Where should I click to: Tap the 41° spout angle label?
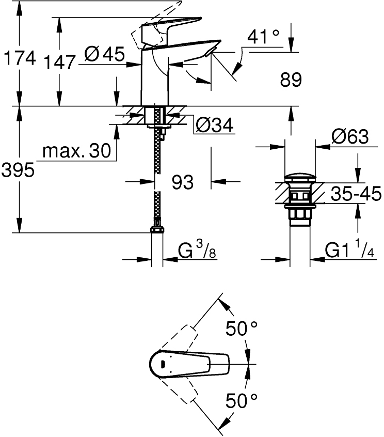(263, 37)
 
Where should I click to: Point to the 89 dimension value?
(290, 80)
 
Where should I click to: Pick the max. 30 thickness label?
(76, 151)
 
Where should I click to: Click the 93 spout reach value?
(182, 182)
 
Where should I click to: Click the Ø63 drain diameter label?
(350, 137)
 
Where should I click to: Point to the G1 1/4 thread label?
(349, 251)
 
